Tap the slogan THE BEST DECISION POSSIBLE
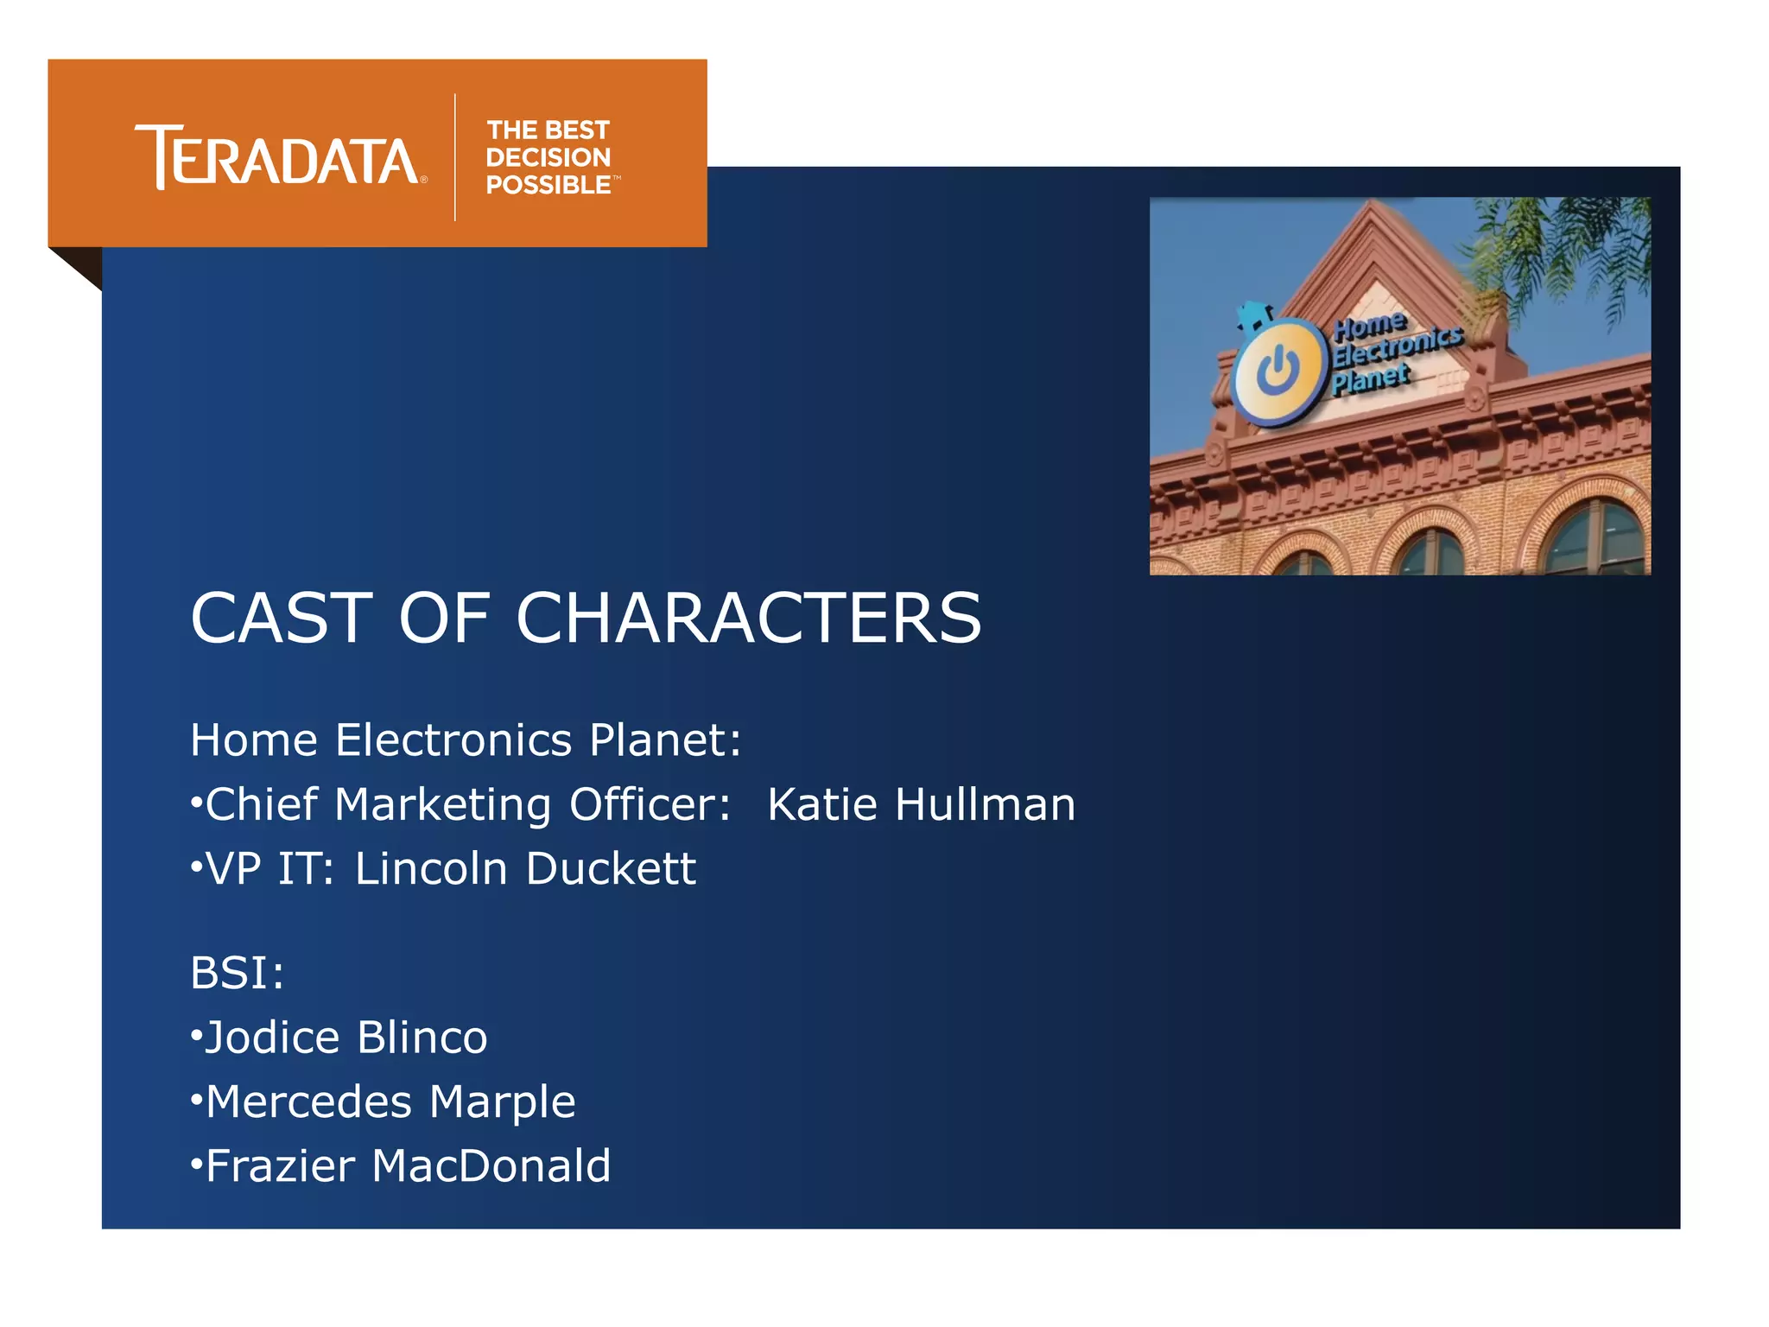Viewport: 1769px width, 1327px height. coord(549,157)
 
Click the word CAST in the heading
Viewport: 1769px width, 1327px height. coord(282,619)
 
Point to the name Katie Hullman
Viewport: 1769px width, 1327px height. coord(921,804)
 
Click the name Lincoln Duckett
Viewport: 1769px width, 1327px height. coord(525,868)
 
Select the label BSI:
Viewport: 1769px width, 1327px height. coord(237,973)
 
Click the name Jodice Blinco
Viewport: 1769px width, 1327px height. coord(346,1037)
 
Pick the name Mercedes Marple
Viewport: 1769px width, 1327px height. coord(390,1102)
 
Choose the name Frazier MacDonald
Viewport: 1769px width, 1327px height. coord(408,1165)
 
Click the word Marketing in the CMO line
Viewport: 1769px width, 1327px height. coord(442,804)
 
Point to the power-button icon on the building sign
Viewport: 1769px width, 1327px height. coord(1278,371)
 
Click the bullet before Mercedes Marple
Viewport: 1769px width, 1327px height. coord(197,1101)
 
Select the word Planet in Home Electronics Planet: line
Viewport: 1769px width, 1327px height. coord(659,740)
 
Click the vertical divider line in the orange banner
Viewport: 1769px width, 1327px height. coord(455,157)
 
